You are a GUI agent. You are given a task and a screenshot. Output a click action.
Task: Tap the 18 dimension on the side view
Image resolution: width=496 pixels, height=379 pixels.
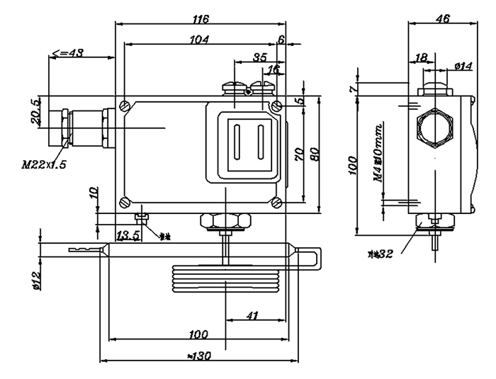click(x=420, y=58)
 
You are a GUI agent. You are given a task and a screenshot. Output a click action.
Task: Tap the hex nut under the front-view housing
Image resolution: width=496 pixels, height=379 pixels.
click(x=224, y=221)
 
